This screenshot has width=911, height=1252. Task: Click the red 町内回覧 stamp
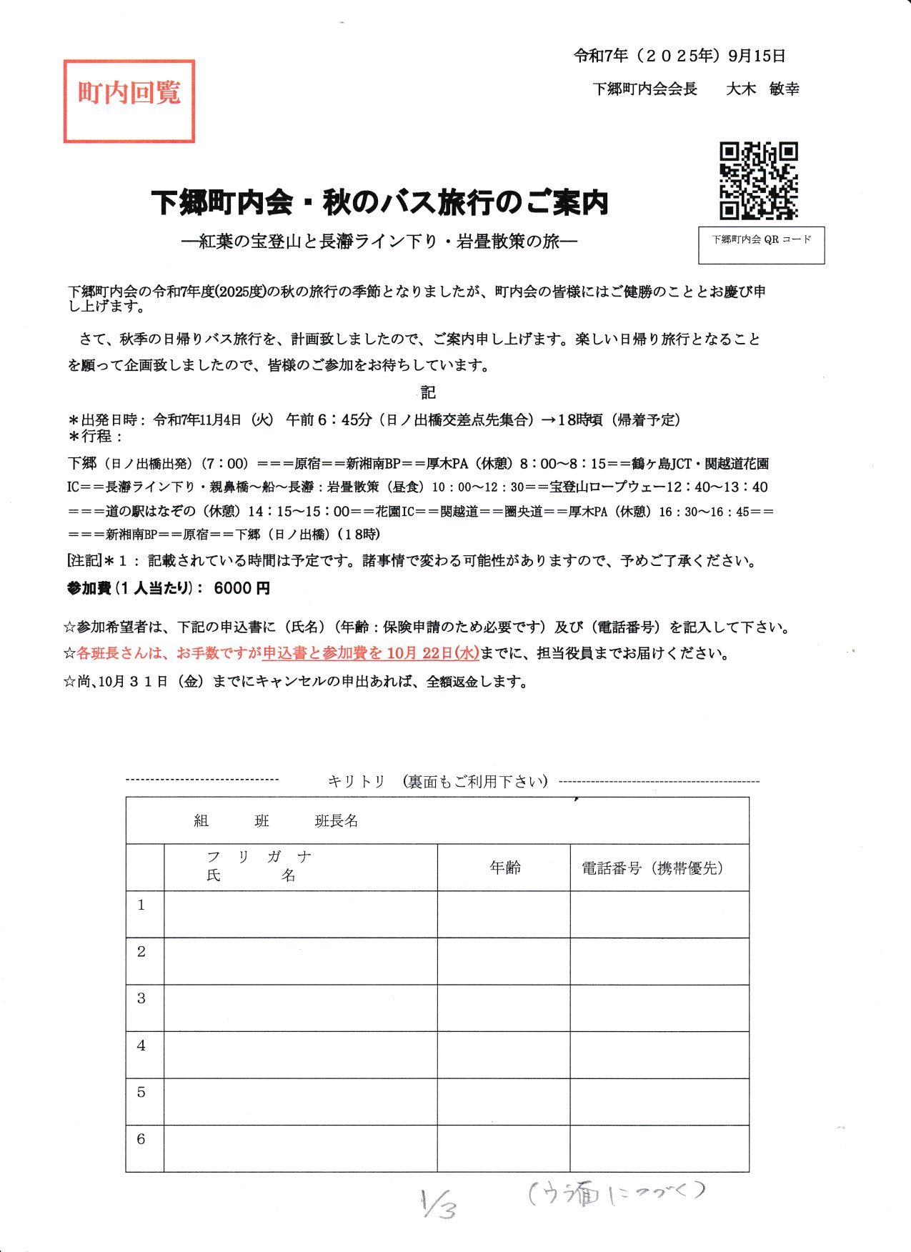pyautogui.click(x=129, y=101)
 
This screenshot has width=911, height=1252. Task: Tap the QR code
pyautogui.click(x=758, y=180)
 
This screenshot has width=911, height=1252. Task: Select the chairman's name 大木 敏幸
pyautogui.click(x=762, y=89)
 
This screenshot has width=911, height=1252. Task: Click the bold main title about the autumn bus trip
pyautogui.click(x=379, y=202)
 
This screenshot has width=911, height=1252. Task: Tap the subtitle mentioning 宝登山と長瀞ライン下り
pyautogui.click(x=379, y=242)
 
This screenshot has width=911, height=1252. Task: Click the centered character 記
pyautogui.click(x=428, y=392)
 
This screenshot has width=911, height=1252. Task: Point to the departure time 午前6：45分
pyautogui.click(x=329, y=420)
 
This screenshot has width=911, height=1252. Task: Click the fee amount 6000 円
pyautogui.click(x=242, y=588)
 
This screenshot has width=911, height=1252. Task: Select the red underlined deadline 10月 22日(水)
pyautogui.click(x=432, y=653)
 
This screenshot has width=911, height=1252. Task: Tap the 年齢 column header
pyautogui.click(x=504, y=868)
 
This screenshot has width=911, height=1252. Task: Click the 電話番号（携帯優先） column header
pyautogui.click(x=653, y=868)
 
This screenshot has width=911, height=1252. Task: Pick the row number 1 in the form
pyautogui.click(x=141, y=905)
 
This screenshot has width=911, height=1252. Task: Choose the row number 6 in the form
pyautogui.click(x=141, y=1140)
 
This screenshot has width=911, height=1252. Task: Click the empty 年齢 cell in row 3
pyautogui.click(x=504, y=1008)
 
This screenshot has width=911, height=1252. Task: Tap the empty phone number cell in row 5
pyautogui.click(x=659, y=1101)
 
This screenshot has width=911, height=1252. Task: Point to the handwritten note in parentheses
pyautogui.click(x=617, y=1193)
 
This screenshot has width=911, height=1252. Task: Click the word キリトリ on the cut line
pyautogui.click(x=357, y=781)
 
